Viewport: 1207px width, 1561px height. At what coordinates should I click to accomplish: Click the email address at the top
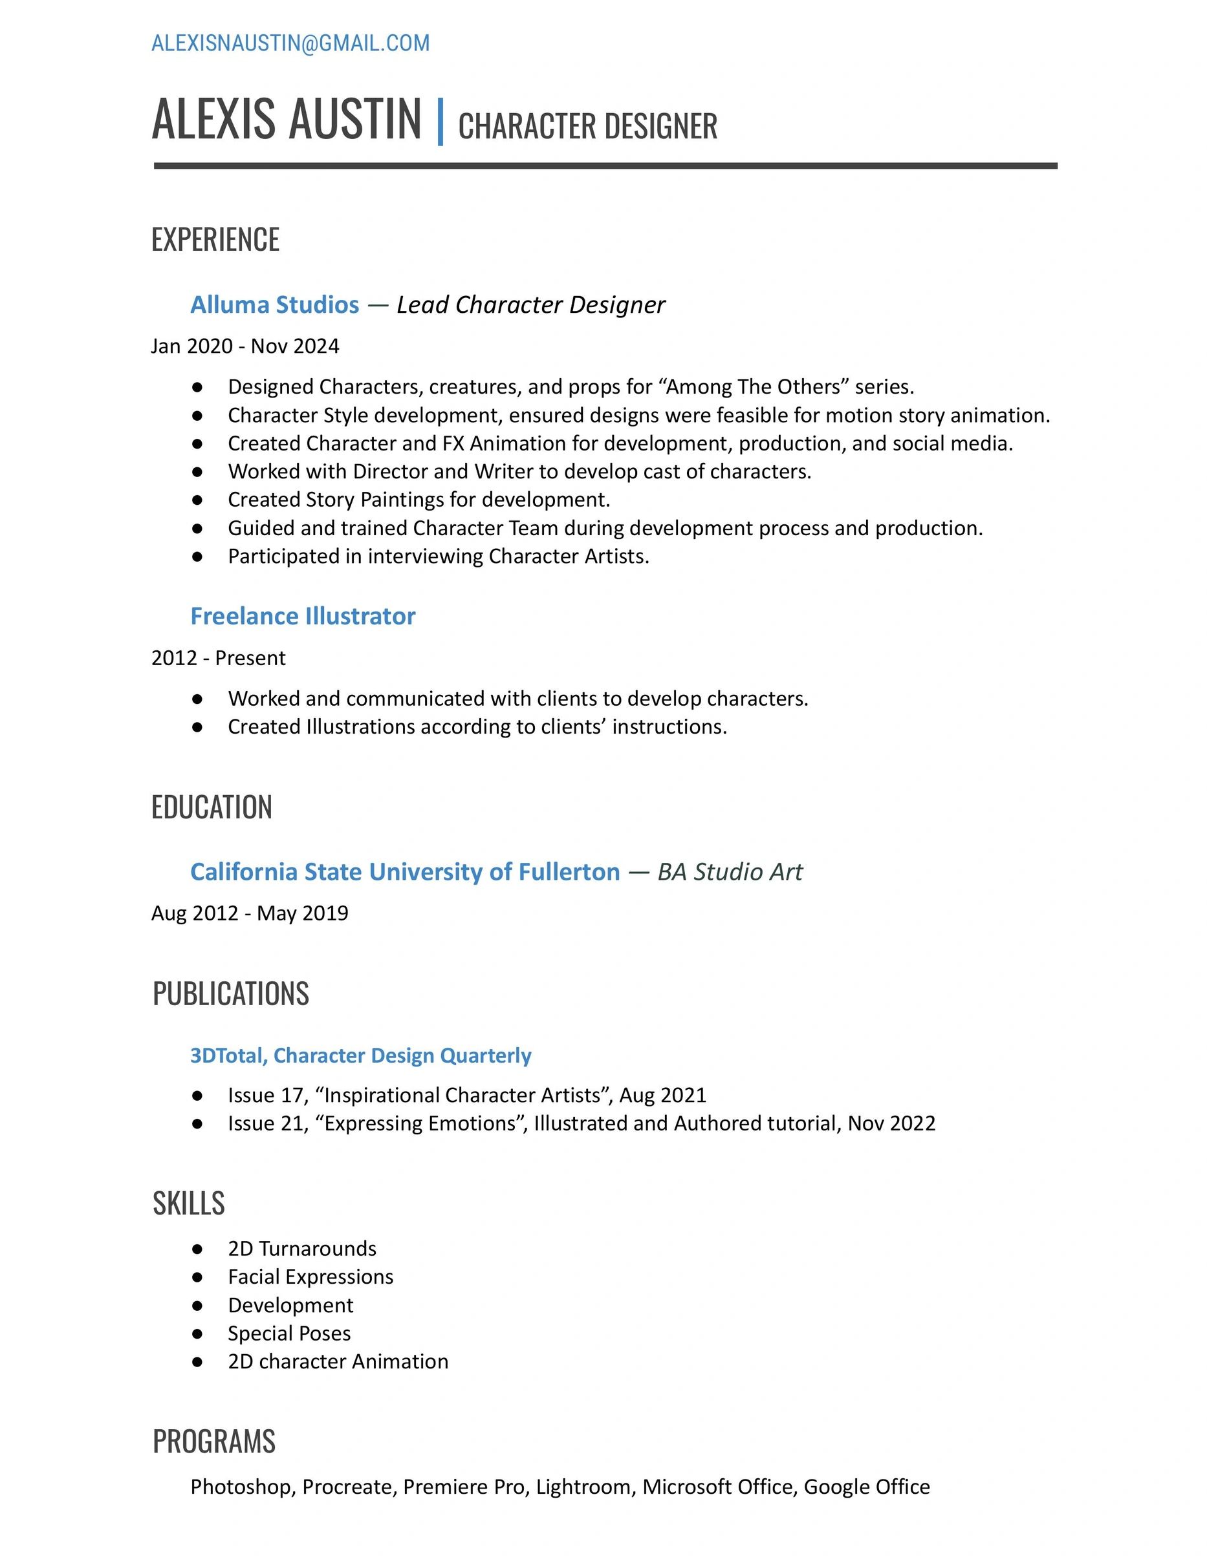coord(290,43)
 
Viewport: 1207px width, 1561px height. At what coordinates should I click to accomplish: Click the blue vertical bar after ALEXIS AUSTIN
coord(440,122)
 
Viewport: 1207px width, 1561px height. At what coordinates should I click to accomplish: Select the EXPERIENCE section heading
coord(215,239)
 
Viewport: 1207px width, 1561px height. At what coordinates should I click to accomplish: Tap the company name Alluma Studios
coord(274,304)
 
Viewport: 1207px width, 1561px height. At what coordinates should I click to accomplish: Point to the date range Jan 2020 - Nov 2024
coord(245,346)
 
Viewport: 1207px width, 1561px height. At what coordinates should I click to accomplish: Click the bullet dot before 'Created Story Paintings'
coord(197,500)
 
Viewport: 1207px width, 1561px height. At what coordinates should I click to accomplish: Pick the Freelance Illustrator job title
coord(303,616)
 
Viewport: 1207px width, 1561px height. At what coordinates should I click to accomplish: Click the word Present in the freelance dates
coord(250,657)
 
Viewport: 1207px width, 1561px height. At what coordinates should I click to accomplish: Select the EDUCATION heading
coord(212,807)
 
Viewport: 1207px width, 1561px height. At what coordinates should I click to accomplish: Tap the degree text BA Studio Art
coord(730,872)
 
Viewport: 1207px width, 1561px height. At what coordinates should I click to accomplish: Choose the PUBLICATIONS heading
coord(230,993)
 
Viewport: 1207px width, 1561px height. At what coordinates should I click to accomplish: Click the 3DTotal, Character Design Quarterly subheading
coord(360,1056)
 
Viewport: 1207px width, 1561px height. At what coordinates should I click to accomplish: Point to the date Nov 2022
coord(891,1123)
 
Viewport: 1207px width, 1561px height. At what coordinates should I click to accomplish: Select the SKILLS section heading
coord(189,1204)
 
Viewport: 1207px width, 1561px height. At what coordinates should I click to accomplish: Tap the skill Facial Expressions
coord(310,1277)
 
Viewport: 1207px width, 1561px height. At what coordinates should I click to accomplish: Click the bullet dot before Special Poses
coord(197,1333)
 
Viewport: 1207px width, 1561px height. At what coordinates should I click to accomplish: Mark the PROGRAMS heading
coord(214,1441)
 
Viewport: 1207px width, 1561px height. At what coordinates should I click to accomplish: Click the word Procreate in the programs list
coord(347,1487)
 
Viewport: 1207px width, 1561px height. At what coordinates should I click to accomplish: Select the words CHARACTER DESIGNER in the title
coord(587,127)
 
